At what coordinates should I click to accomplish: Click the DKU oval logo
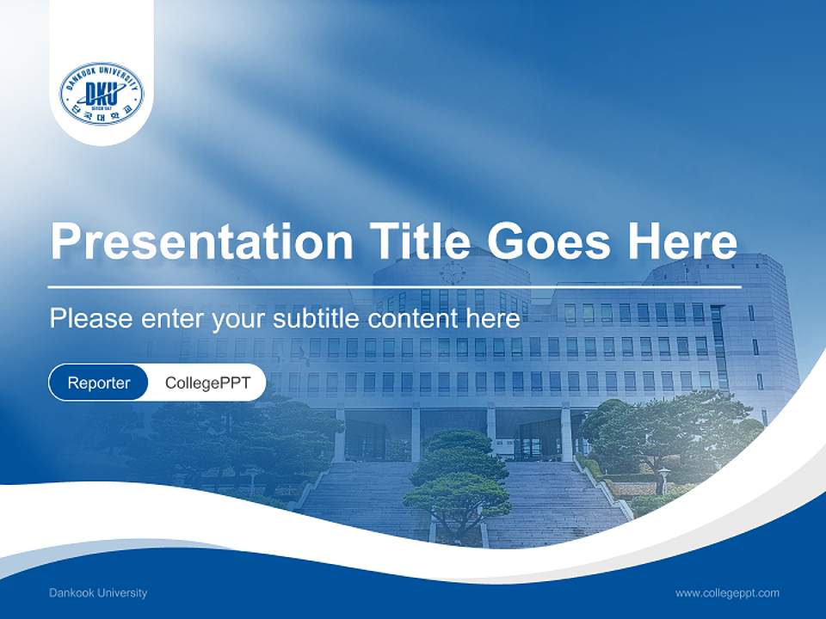tap(102, 93)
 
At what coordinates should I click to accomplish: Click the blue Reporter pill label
tap(98, 383)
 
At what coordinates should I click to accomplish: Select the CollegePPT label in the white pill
tap(207, 383)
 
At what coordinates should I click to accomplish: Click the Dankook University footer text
tap(98, 592)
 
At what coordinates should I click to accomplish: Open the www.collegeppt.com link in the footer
tap(727, 592)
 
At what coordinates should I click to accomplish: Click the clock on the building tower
tap(452, 273)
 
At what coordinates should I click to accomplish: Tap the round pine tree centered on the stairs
tap(458, 481)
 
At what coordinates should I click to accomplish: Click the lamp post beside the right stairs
tap(663, 479)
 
